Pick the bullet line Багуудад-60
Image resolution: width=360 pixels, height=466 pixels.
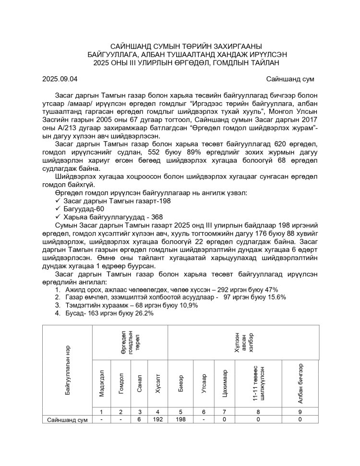pos(84,209)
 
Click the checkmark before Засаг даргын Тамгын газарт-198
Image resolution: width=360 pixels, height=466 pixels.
pos(58,201)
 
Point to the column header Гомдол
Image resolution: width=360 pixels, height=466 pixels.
pos(121,383)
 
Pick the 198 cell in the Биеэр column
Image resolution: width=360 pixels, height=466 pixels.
pos(180,419)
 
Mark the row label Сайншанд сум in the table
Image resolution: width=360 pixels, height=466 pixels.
pos(67,419)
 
